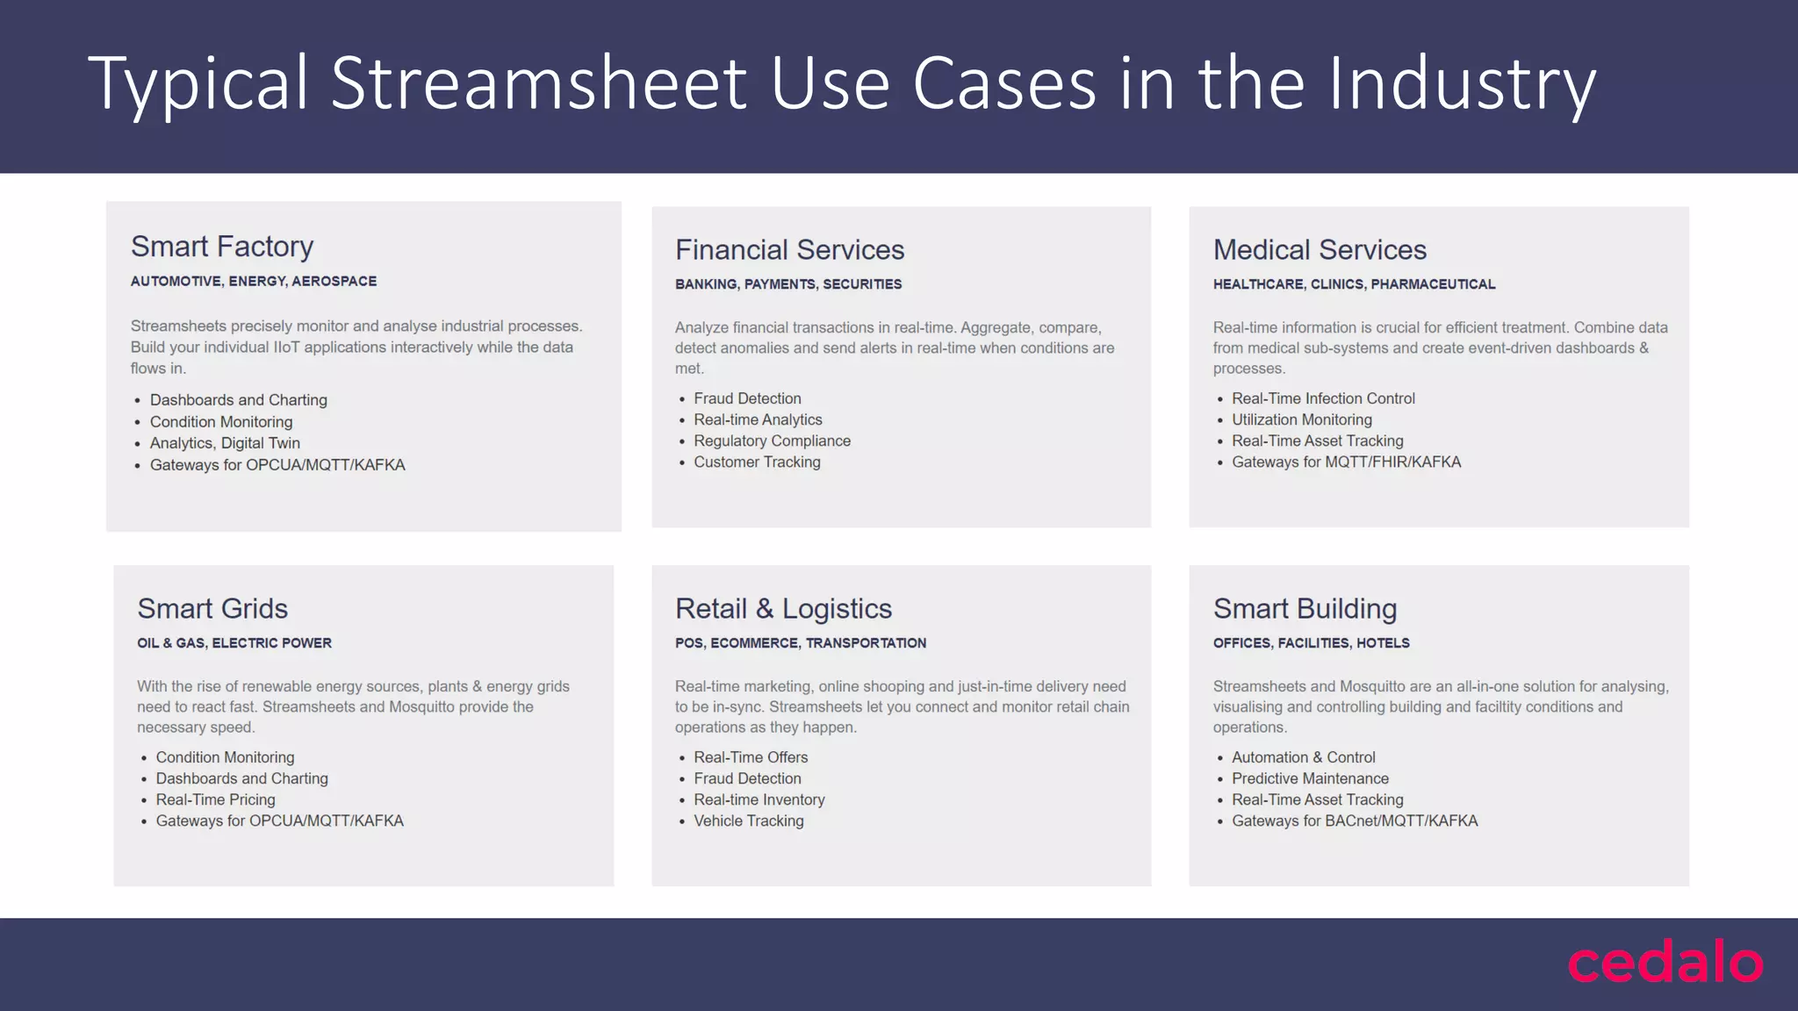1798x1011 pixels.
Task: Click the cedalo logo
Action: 1665,963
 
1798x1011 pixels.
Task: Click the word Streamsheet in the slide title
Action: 538,83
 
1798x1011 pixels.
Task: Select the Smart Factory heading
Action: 222,247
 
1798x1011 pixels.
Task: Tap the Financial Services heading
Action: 789,250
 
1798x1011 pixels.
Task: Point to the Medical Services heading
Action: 1320,250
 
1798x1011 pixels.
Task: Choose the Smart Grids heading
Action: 212,608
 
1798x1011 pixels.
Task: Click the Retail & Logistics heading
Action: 783,608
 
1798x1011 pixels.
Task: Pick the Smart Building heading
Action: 1305,608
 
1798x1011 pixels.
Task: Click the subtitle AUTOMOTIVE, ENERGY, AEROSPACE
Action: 254,281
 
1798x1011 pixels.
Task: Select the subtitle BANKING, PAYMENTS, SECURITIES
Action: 788,284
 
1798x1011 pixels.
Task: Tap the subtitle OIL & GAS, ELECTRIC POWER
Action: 234,643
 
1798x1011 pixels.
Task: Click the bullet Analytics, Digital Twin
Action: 225,443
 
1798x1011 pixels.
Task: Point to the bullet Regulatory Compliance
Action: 772,441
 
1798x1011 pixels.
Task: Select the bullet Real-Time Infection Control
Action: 1323,398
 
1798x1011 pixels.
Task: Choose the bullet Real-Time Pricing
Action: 215,799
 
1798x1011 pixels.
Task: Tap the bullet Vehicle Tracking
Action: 749,821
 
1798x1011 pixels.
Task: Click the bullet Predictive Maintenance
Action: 1310,778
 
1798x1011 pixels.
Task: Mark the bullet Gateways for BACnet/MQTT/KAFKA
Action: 1355,821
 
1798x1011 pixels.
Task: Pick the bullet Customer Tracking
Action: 757,462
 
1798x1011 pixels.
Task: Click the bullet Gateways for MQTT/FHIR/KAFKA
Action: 1346,462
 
